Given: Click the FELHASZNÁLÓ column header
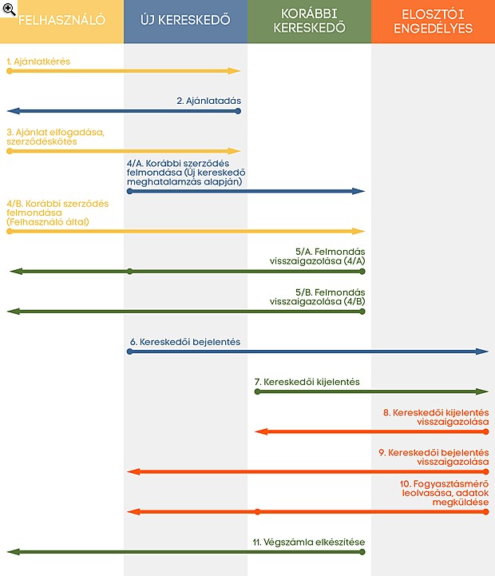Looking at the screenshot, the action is pyautogui.click(x=61, y=20).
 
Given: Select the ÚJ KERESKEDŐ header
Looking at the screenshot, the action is pyautogui.click(x=185, y=20).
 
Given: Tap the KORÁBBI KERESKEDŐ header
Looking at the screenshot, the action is pyautogui.click(x=309, y=21).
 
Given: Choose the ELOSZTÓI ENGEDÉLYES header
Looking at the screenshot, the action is pyautogui.click(x=434, y=22).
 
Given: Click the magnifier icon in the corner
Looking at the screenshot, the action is pyautogui.click(x=9, y=9).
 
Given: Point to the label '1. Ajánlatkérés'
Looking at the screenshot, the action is pyautogui.click(x=38, y=62).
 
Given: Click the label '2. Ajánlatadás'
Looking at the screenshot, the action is pyautogui.click(x=208, y=101).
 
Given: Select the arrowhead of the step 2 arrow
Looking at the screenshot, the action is pyautogui.click(x=14, y=111).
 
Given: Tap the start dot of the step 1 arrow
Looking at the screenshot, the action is pyautogui.click(x=10, y=71).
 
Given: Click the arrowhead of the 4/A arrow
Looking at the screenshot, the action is pyautogui.click(x=358, y=191).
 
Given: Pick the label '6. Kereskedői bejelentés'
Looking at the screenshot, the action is pyautogui.click(x=185, y=342).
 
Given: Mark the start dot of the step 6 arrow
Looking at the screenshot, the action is pyautogui.click(x=129, y=352).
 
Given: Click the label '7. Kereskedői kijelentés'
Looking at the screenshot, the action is pyautogui.click(x=307, y=382).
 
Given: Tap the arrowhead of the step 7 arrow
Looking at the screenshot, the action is pyautogui.click(x=482, y=391).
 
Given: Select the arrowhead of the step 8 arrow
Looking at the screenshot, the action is pyautogui.click(x=261, y=431).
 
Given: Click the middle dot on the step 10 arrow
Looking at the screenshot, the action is pyautogui.click(x=257, y=512).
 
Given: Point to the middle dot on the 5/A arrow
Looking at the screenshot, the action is pyautogui.click(x=129, y=272).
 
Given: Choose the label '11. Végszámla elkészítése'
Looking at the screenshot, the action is pyautogui.click(x=309, y=542).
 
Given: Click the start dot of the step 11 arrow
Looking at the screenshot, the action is pyautogui.click(x=362, y=552).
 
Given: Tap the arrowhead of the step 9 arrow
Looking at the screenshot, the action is pyautogui.click(x=133, y=471).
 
